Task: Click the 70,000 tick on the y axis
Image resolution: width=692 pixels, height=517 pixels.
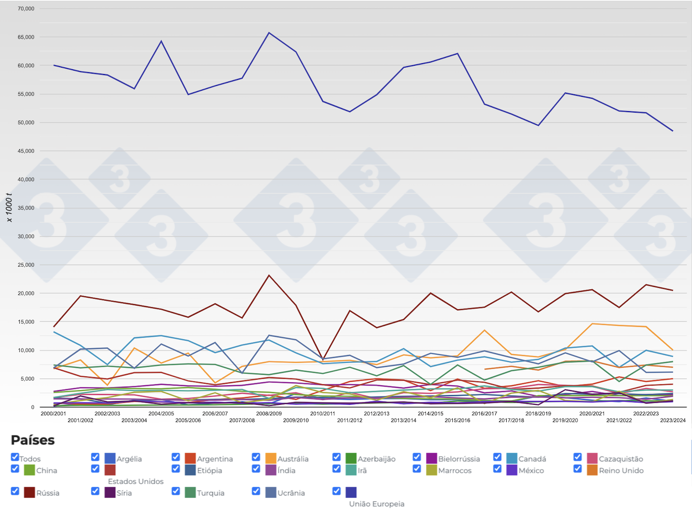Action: pyautogui.click(x=26, y=8)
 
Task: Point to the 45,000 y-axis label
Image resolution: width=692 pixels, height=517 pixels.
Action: pyautogui.click(x=26, y=151)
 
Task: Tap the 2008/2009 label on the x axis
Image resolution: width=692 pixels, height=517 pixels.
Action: pyautogui.click(x=269, y=414)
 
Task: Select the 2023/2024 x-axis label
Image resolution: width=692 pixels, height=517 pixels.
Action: pyautogui.click(x=673, y=420)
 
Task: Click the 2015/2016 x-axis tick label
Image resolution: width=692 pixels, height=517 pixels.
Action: pyautogui.click(x=457, y=420)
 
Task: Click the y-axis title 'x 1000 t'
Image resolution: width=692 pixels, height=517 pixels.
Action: pyautogui.click(x=9, y=207)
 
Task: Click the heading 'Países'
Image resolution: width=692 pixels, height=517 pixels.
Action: pyautogui.click(x=33, y=440)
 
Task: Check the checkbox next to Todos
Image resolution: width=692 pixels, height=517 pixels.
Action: pyautogui.click(x=15, y=457)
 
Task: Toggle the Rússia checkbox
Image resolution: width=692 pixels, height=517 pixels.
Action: pyautogui.click(x=15, y=491)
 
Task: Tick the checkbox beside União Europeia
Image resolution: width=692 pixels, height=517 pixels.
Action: pyautogui.click(x=337, y=491)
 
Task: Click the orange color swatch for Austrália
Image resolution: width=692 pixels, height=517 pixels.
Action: pyautogui.click(x=271, y=459)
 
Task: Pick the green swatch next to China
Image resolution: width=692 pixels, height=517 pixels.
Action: pyautogui.click(x=29, y=470)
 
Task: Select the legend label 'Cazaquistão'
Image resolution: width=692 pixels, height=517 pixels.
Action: pyautogui.click(x=621, y=459)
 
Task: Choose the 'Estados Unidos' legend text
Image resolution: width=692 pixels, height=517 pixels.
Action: pyautogui.click(x=135, y=481)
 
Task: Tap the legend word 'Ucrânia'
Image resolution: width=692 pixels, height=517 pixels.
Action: pyautogui.click(x=291, y=493)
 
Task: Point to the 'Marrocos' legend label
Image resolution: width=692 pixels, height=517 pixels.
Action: pyautogui.click(x=455, y=471)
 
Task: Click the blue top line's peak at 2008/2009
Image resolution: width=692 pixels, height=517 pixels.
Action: pyautogui.click(x=269, y=33)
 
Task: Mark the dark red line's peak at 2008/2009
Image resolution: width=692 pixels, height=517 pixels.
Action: pyautogui.click(x=269, y=275)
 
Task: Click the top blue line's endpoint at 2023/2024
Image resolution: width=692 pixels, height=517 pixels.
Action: pyautogui.click(x=673, y=131)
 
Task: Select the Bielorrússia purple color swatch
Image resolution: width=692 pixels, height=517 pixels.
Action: pyautogui.click(x=432, y=459)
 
